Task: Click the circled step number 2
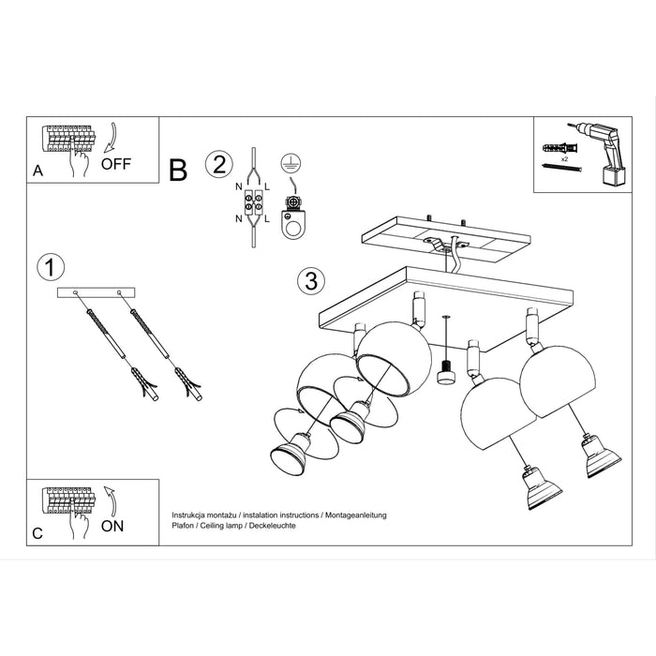(x=217, y=165)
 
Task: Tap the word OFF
(x=117, y=163)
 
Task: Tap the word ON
(x=112, y=526)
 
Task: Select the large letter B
(x=178, y=171)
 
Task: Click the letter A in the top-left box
(x=37, y=171)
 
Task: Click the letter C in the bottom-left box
(x=37, y=533)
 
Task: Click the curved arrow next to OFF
(x=112, y=138)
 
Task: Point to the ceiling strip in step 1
(x=97, y=294)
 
